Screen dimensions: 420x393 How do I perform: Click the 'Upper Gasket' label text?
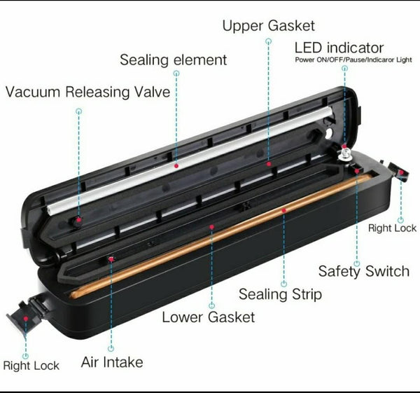click(x=268, y=26)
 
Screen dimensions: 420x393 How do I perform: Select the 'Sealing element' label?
click(x=174, y=60)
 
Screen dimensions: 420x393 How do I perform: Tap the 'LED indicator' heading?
click(x=339, y=48)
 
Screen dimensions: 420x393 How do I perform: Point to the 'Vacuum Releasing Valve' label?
click(x=88, y=92)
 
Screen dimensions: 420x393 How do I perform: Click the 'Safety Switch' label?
click(x=364, y=271)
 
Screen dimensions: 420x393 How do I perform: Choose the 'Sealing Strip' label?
click(x=280, y=294)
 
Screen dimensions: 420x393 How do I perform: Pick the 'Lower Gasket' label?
click(x=209, y=317)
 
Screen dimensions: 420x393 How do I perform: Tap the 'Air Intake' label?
click(x=112, y=362)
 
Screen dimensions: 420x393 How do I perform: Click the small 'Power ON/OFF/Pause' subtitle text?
click(x=353, y=60)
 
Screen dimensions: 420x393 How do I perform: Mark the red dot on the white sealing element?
click(x=176, y=166)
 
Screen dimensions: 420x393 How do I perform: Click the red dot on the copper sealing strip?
click(x=284, y=211)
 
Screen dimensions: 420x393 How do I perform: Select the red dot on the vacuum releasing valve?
click(x=78, y=220)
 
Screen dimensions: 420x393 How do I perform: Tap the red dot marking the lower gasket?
click(x=211, y=227)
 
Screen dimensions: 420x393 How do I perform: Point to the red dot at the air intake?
click(x=111, y=259)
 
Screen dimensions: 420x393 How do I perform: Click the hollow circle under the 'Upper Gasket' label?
click(x=268, y=41)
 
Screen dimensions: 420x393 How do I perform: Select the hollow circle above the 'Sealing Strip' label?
click(x=284, y=284)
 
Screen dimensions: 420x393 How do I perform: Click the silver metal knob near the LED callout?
click(x=344, y=155)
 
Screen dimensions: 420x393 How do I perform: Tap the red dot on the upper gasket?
click(x=269, y=164)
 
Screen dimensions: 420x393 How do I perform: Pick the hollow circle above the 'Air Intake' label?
click(x=111, y=348)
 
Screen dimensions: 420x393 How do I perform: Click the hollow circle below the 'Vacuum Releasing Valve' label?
click(x=78, y=111)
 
